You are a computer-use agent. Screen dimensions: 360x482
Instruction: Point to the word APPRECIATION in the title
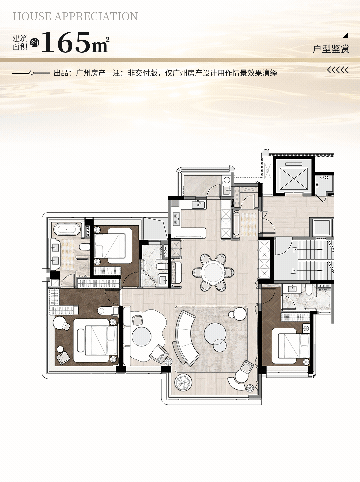point(96,16)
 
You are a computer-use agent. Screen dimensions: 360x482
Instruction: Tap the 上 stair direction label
point(293,271)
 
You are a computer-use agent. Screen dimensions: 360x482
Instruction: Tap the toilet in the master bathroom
point(84,247)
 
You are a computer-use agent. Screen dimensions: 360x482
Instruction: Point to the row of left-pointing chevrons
point(338,70)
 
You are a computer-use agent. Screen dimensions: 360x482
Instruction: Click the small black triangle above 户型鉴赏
point(346,35)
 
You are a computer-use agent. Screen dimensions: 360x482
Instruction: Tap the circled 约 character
point(34,43)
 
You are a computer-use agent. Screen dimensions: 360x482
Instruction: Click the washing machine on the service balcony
point(227,180)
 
